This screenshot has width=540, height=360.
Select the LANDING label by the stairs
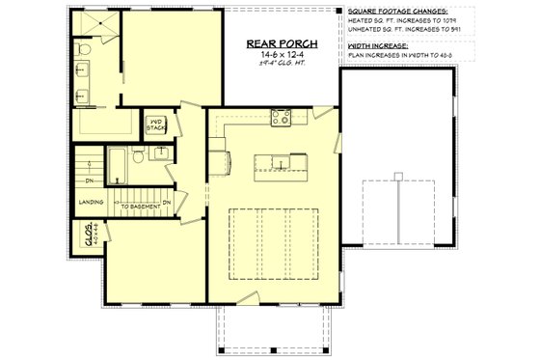(92, 203)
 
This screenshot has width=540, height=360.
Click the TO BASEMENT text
(140, 204)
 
